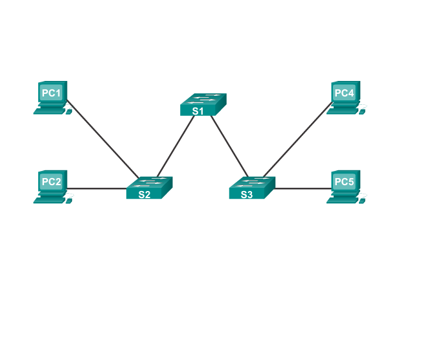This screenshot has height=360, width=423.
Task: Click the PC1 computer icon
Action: tap(52, 98)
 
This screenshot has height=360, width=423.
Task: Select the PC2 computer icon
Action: tap(52, 186)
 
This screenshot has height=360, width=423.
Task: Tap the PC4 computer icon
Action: tap(345, 98)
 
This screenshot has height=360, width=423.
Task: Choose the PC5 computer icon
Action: tap(345, 186)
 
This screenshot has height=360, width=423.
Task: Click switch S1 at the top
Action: tap(203, 104)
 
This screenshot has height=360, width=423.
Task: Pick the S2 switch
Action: tap(149, 187)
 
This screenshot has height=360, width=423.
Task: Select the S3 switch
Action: tap(251, 187)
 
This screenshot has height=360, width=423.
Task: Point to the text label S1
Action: tap(198, 111)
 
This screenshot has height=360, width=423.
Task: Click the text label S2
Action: tap(144, 194)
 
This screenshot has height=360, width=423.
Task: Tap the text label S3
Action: tap(246, 194)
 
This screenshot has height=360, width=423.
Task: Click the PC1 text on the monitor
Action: tap(51, 93)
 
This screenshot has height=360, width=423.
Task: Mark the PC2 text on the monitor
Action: tap(51, 182)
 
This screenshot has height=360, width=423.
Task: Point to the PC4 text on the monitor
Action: tap(344, 93)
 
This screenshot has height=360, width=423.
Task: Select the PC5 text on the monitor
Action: tap(344, 182)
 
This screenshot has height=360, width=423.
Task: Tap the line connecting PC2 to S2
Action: tap(97, 189)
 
